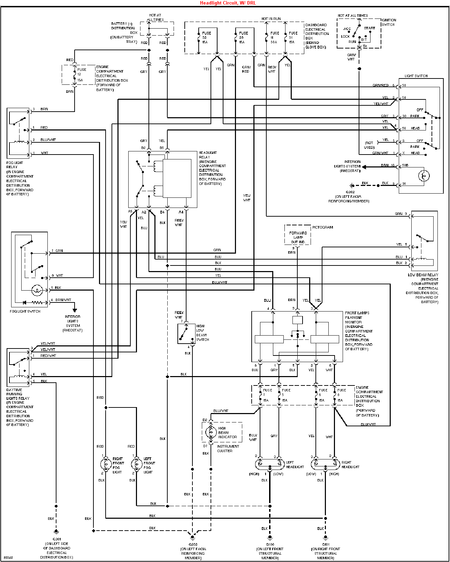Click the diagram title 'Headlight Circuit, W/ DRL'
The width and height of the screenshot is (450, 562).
228,3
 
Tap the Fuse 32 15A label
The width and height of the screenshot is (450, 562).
206,38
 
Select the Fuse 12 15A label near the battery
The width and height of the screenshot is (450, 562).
81,75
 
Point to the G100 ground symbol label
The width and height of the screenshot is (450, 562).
270,544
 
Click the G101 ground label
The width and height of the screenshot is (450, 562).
326,544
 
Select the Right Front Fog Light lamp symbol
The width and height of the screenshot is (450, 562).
106,464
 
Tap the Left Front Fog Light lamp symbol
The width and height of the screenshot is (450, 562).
136,464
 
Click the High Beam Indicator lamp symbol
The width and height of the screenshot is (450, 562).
211,432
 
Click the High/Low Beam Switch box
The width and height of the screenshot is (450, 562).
186,334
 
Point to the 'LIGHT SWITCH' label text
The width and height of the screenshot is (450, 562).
416,76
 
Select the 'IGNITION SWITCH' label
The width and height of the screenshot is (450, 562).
388,22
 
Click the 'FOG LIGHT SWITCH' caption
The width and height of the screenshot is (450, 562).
25,311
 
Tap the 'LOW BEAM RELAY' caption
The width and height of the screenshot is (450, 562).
423,275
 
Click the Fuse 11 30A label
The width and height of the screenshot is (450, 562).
274,38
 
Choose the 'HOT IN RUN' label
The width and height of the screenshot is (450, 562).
271,19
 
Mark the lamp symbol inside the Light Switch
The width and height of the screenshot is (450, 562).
424,176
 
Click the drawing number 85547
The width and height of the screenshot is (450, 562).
8,557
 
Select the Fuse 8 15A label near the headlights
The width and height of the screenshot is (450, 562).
341,395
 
